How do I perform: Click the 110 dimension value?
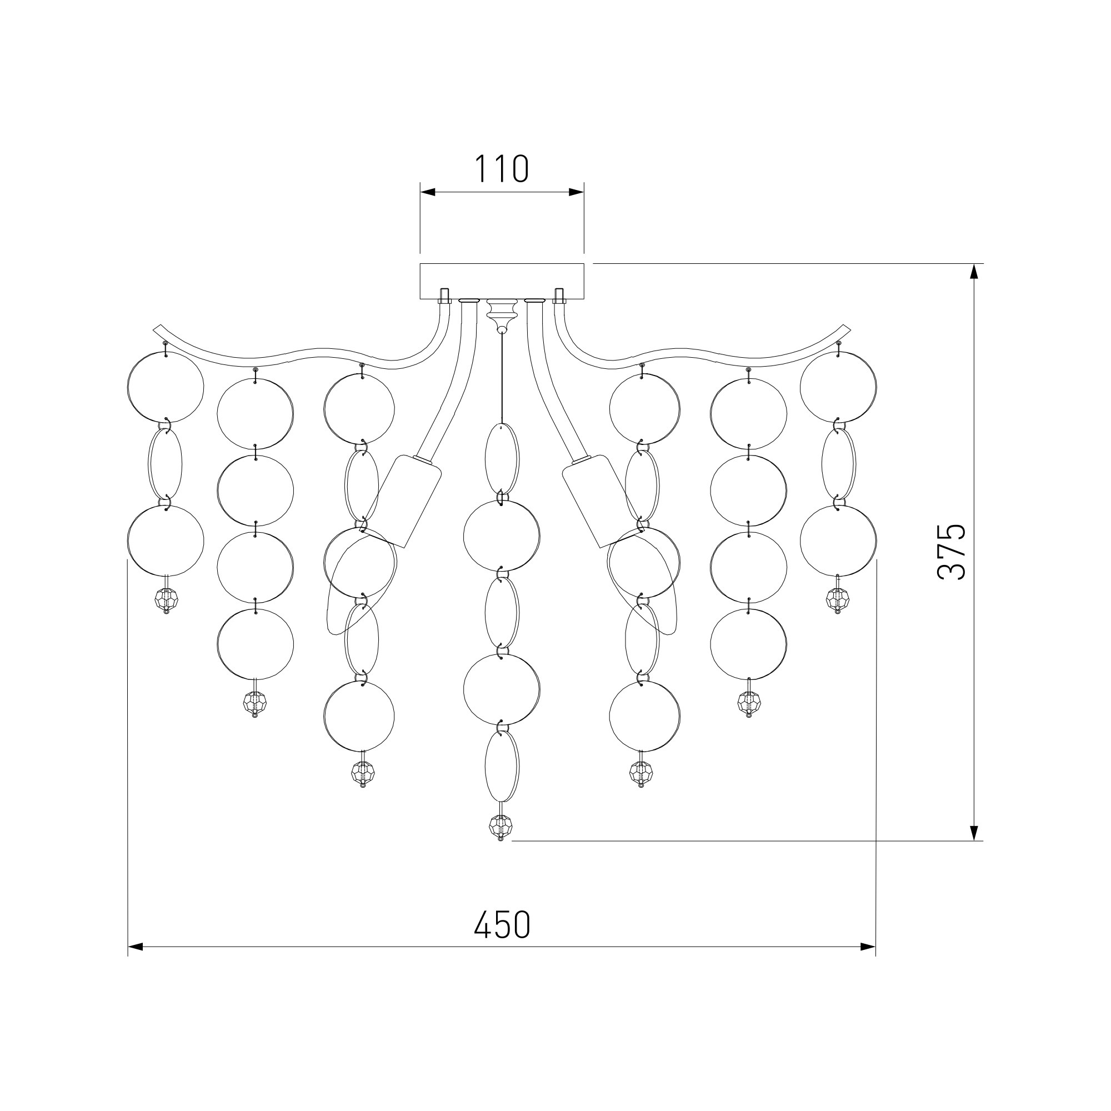(x=501, y=169)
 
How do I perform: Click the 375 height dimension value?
(x=951, y=552)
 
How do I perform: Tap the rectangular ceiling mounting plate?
(x=502, y=281)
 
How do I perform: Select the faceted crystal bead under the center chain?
(x=501, y=827)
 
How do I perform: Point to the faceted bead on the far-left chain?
(x=166, y=600)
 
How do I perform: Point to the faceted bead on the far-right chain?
(x=837, y=600)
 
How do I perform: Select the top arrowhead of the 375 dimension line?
(x=974, y=272)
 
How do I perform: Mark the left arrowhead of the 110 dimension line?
(x=428, y=192)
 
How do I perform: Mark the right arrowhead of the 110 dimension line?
(x=576, y=192)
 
